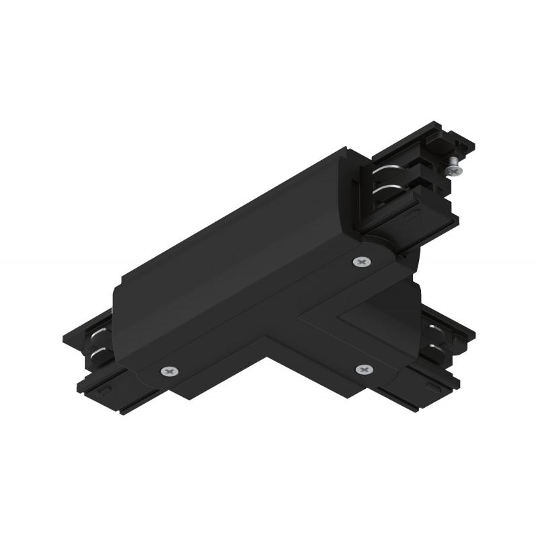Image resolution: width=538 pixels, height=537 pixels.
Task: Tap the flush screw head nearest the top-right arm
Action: (x=362, y=260)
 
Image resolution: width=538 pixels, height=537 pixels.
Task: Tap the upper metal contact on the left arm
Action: (x=98, y=334)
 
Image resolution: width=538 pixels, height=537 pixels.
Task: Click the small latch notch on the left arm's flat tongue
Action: (x=103, y=390)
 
